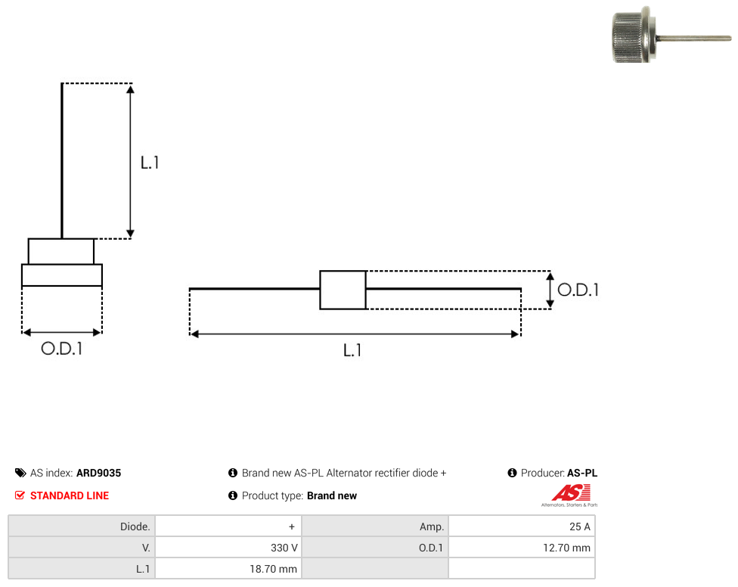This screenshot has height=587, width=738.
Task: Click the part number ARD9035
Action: pos(98,473)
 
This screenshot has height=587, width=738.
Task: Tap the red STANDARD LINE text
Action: pos(70,495)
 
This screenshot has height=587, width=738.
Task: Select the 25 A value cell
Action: pos(522,526)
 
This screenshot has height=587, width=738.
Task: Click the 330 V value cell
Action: pos(228,548)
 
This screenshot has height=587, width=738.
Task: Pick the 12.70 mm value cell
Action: pos(522,548)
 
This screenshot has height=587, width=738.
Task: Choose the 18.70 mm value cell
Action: pos(228,569)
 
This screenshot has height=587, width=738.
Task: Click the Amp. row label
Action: pos(432,526)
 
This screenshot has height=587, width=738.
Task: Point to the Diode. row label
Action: pos(135,526)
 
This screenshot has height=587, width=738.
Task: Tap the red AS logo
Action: pos(571,493)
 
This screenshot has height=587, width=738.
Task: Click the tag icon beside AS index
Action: pos(20,473)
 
